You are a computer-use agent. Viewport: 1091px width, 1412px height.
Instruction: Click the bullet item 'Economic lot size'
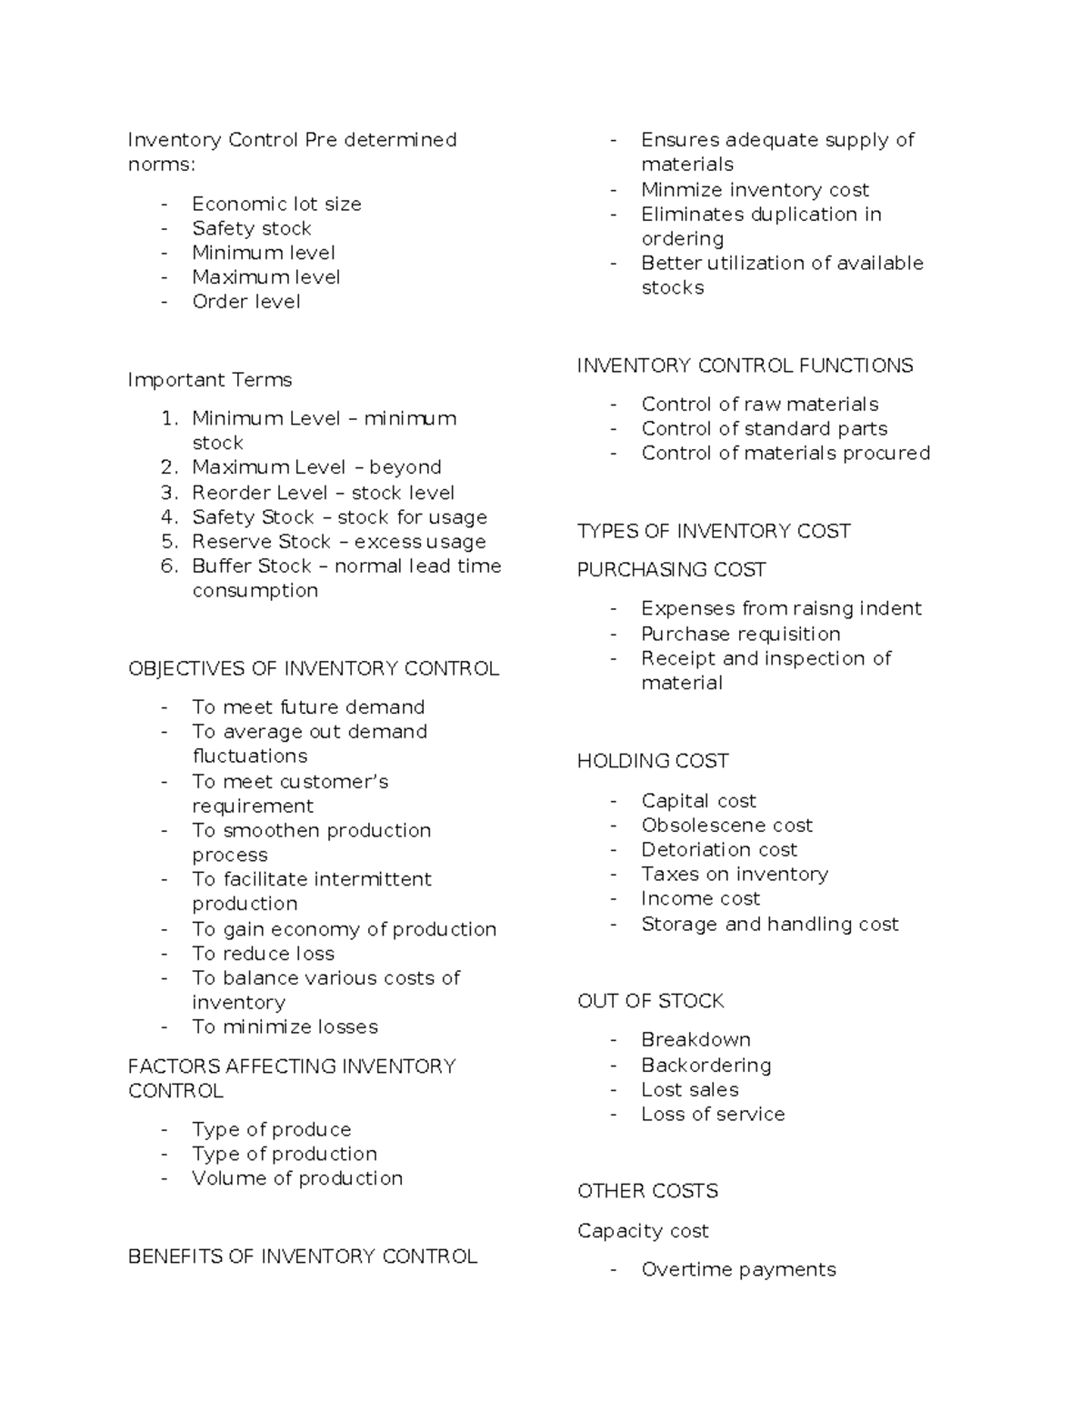pyautogui.click(x=276, y=204)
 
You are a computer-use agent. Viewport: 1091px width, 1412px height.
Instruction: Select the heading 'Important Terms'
pyautogui.click(x=210, y=379)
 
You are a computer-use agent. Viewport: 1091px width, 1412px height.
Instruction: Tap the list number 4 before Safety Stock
pyautogui.click(x=169, y=517)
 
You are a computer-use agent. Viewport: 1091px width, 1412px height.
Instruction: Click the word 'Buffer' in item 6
pyautogui.click(x=219, y=566)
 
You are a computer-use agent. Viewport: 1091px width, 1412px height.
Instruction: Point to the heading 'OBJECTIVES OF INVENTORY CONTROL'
pyautogui.click(x=314, y=668)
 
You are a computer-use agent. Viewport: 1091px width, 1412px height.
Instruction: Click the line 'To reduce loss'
pyautogui.click(x=263, y=953)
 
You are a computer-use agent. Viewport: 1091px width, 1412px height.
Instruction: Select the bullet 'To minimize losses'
pyautogui.click(x=285, y=1026)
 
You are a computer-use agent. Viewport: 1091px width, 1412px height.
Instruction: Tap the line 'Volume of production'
pyautogui.click(x=297, y=1177)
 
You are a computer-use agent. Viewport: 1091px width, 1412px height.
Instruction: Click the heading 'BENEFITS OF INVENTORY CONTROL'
pyautogui.click(x=303, y=1256)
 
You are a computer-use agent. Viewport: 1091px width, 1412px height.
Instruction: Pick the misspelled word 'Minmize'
pyautogui.click(x=673, y=189)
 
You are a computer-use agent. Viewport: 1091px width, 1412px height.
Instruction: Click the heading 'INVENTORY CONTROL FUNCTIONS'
pyautogui.click(x=745, y=365)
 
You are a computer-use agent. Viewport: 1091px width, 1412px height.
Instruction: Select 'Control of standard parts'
pyautogui.click(x=764, y=428)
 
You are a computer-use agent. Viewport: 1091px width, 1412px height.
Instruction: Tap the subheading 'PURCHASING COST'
pyautogui.click(x=671, y=569)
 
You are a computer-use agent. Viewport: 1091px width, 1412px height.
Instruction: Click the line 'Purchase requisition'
pyautogui.click(x=740, y=634)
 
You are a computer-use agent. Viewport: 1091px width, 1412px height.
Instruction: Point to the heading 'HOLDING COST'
pyautogui.click(x=653, y=760)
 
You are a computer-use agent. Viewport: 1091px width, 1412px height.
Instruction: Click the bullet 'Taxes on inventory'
pyautogui.click(x=735, y=874)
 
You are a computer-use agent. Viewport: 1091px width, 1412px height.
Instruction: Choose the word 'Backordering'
pyautogui.click(x=706, y=1065)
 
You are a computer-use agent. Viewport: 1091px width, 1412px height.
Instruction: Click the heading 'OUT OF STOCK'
pyautogui.click(x=650, y=1000)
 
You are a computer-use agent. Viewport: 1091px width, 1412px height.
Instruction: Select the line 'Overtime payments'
pyautogui.click(x=738, y=1269)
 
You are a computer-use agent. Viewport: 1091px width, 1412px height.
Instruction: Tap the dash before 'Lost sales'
pyautogui.click(x=615, y=1089)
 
